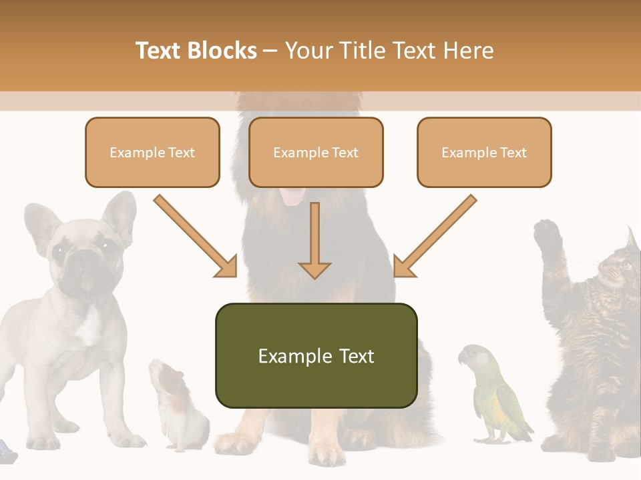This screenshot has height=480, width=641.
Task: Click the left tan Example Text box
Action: click(x=152, y=153)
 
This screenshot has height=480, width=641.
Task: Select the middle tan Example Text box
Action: click(x=316, y=153)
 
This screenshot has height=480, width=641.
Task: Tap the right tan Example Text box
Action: click(x=484, y=153)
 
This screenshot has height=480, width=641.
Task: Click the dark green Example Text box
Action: click(x=316, y=356)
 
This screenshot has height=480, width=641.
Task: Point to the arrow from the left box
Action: click(x=194, y=236)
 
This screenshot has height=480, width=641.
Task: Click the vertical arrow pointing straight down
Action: click(x=314, y=240)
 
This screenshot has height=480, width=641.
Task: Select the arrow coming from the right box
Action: click(x=436, y=236)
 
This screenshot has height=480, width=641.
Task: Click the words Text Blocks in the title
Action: click(x=196, y=51)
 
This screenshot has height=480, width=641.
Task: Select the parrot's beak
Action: click(x=462, y=359)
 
